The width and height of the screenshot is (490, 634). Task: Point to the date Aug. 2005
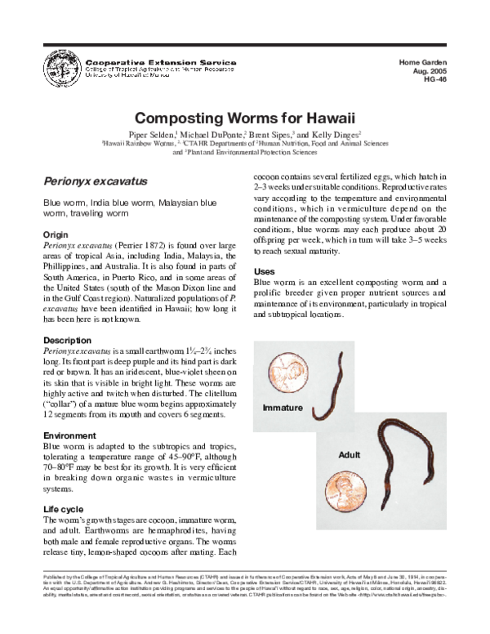(434, 72)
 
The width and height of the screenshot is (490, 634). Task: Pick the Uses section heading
(264, 270)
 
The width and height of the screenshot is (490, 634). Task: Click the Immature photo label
(283, 407)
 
